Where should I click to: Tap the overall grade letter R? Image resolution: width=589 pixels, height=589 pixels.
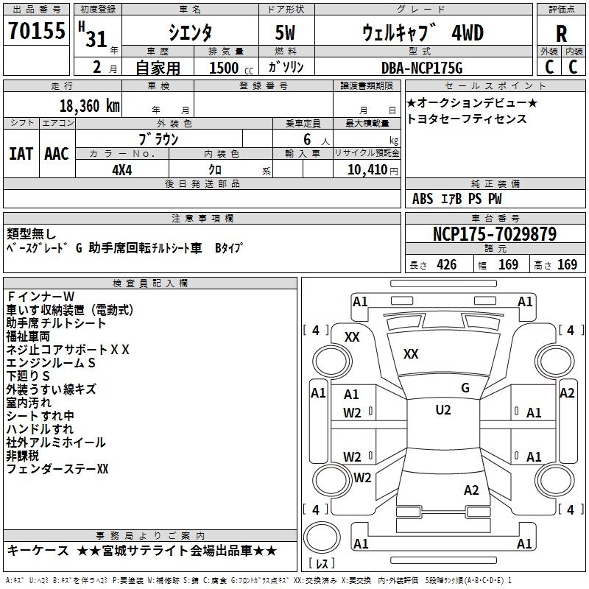click(x=561, y=34)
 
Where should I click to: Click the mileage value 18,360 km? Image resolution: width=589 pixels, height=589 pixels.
click(x=88, y=106)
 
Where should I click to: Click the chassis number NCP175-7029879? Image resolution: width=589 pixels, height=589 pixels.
click(x=495, y=235)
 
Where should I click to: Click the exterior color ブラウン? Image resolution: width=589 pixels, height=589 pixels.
click(x=159, y=138)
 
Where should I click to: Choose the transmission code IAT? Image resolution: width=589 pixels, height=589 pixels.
click(x=21, y=154)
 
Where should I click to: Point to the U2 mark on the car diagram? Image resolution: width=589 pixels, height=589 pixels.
click(x=443, y=410)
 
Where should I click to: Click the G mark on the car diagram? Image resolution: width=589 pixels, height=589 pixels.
click(x=465, y=388)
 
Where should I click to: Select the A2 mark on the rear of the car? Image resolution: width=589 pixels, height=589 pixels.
click(x=471, y=490)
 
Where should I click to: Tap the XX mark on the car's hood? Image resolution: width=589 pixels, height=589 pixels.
click(x=411, y=354)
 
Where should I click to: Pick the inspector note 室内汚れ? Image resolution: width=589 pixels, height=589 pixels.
click(x=29, y=403)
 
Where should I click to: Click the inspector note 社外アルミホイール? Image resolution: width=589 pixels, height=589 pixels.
click(x=56, y=442)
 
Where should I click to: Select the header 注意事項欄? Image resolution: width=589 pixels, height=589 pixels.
click(x=202, y=219)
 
